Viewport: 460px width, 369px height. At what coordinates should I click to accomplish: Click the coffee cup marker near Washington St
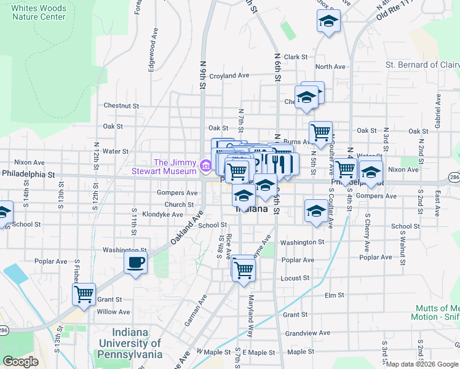[135, 262]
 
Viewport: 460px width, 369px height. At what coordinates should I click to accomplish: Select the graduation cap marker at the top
[329, 22]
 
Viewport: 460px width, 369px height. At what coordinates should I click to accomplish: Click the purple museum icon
[205, 165]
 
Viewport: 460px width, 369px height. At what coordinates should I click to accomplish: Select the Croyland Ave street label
[229, 76]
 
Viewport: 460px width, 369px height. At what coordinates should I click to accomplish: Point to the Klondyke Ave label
[162, 215]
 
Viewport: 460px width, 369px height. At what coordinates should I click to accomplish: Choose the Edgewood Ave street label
[151, 55]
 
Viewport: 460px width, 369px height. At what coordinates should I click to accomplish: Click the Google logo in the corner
[20, 362]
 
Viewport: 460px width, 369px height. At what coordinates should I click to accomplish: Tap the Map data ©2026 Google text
[421, 364]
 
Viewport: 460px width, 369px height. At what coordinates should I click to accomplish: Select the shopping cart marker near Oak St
[320, 131]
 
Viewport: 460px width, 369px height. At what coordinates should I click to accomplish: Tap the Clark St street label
[295, 57]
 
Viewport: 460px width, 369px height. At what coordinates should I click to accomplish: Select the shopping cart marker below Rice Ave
[244, 268]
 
